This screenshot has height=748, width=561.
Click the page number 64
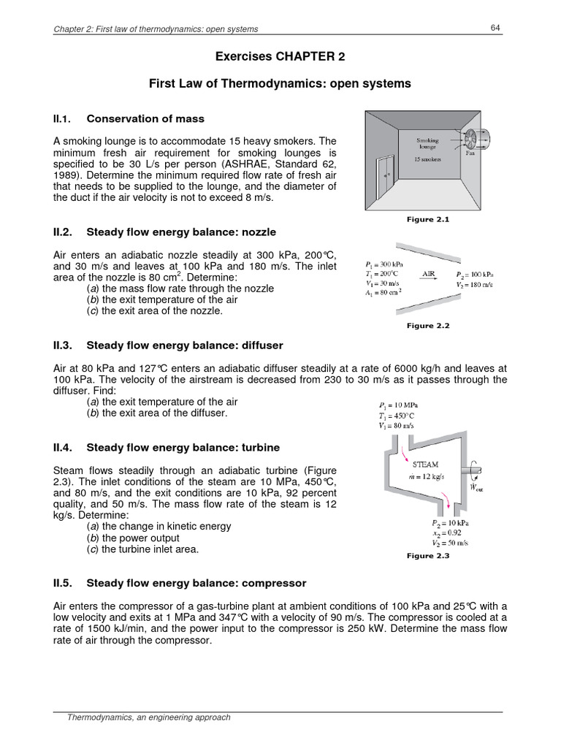click(x=495, y=28)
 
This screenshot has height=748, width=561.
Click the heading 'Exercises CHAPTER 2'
click(x=280, y=56)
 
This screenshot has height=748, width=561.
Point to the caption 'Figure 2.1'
click(x=428, y=219)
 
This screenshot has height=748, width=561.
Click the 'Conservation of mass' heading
click(x=145, y=118)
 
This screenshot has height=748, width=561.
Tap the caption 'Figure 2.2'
click(x=428, y=326)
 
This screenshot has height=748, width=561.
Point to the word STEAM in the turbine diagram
click(x=426, y=464)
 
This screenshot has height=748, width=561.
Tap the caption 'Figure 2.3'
click(x=428, y=556)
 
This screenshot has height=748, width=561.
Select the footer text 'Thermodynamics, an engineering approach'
click(x=149, y=717)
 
